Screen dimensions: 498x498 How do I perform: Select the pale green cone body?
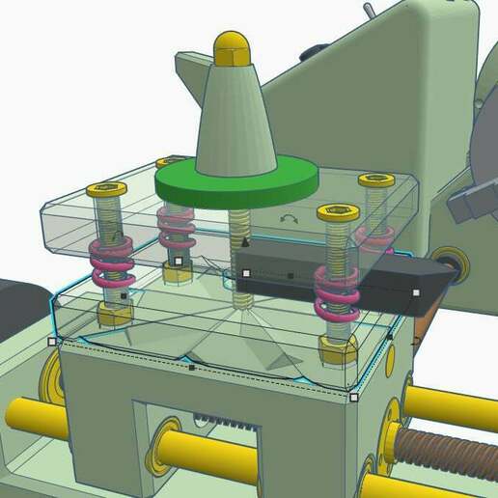(x=235, y=116)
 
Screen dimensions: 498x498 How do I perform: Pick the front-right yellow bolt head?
(x=336, y=214)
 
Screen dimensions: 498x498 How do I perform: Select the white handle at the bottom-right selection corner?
(x=354, y=397)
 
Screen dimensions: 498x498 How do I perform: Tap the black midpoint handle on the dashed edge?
(x=191, y=368)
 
